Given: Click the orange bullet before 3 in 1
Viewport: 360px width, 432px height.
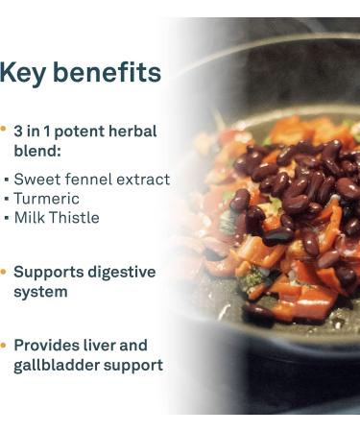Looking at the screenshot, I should click(4, 128).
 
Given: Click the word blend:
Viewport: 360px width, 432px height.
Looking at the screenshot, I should click(36, 151).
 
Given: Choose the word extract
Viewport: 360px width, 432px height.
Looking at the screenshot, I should click(144, 180).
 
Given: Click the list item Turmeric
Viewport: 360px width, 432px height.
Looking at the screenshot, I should click(46, 199).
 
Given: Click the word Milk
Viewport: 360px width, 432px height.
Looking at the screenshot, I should click(29, 218).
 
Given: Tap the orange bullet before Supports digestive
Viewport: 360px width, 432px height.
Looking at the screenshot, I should click(4, 271).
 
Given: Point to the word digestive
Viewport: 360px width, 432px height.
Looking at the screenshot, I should click(122, 273).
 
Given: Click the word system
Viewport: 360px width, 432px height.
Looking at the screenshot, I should click(40, 292).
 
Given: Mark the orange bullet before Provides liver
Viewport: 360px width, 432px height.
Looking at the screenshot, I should click(4, 343).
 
